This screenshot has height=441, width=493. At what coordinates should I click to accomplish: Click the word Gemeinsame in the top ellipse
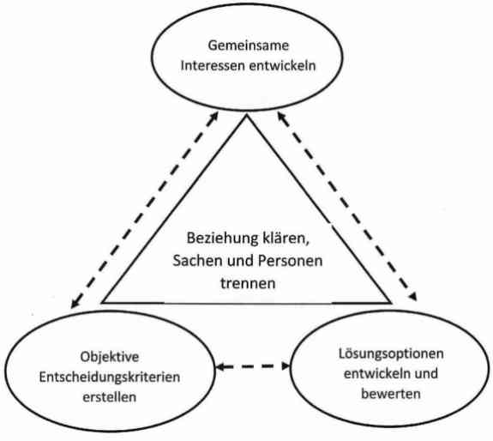pos(248,45)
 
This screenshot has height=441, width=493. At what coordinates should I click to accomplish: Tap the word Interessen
pos(213,66)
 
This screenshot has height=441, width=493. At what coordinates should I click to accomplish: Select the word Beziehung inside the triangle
pos(222,239)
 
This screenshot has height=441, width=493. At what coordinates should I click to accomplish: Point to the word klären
pos(286,239)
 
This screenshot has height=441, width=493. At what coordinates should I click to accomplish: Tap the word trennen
pos(248,283)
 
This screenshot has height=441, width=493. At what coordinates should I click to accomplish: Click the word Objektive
pos(110,357)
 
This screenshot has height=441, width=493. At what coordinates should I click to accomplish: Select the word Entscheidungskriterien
pos(110,378)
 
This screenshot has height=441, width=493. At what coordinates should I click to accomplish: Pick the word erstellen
pos(110,397)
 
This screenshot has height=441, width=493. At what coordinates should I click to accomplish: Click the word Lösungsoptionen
pos(391,354)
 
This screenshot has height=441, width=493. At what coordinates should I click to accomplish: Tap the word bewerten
pos(391,394)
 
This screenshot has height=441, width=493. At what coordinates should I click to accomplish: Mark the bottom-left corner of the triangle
pos(102,303)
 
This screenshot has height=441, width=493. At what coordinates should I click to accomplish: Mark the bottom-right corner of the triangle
pos(392,303)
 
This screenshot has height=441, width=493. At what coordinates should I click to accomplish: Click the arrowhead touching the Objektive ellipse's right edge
pos(220,366)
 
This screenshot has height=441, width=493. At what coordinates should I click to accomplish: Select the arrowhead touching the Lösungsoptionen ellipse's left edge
pos(285,365)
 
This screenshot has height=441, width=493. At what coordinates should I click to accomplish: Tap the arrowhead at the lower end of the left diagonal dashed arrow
pos(75,304)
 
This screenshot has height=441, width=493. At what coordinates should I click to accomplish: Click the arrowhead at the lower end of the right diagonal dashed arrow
pos(413,297)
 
